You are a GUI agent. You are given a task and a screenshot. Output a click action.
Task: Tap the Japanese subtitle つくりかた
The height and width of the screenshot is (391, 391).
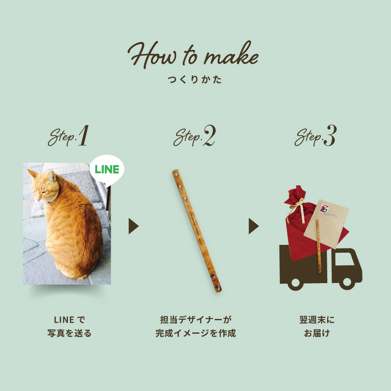pyautogui.click(x=195, y=80)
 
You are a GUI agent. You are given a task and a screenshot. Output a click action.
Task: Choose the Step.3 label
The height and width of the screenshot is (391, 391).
pyautogui.click(x=315, y=137)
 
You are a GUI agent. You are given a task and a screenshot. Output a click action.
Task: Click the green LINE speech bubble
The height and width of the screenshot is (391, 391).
pyautogui.click(x=107, y=169)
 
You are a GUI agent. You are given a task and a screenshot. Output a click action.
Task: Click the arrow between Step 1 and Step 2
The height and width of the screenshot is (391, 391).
pyautogui.click(x=133, y=226)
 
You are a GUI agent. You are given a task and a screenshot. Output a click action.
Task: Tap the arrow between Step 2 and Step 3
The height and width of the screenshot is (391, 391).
pyautogui.click(x=253, y=226)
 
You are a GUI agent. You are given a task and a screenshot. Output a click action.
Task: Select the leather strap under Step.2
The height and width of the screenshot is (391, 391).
pyautogui.click(x=197, y=230)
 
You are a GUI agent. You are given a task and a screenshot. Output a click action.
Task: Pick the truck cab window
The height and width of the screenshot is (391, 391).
pyautogui.click(x=346, y=257)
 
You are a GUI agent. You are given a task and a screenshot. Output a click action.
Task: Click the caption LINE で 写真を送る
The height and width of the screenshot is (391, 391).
pyautogui.click(x=69, y=326)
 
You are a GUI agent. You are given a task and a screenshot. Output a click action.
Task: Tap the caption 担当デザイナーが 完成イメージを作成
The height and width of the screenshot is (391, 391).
pyautogui.click(x=195, y=326)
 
